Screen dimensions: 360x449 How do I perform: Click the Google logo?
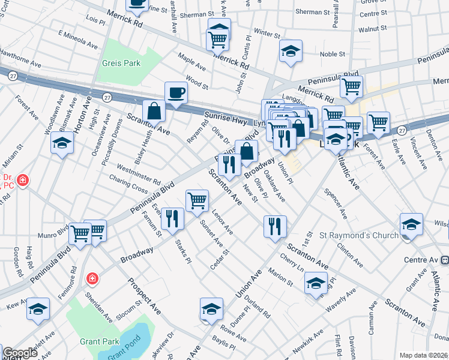tap(20, 353)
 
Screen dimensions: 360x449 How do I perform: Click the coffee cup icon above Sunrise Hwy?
tap(176, 92)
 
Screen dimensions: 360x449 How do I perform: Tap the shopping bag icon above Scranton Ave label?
tap(154, 111)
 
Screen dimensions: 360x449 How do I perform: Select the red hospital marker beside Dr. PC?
tap(22, 179)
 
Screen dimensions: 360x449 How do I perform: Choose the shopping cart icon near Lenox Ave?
tap(197, 201)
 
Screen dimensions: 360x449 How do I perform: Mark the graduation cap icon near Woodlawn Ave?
tap(62, 143)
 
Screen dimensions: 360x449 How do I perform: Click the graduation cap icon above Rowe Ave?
tap(211, 308)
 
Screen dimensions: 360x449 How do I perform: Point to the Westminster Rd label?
tap(139, 175)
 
